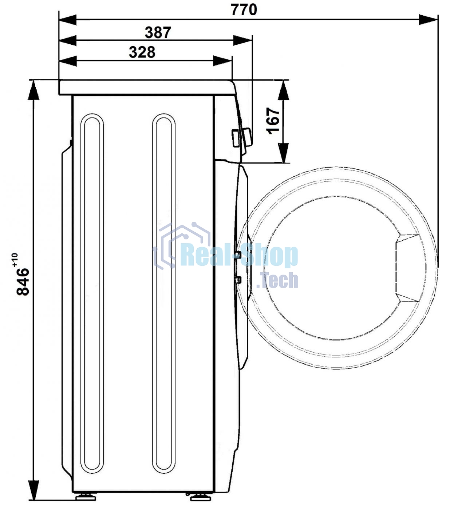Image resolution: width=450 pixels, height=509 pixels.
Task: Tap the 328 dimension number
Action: pyautogui.click(x=142, y=52)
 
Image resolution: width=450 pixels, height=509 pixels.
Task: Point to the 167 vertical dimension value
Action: pyautogui.click(x=273, y=121)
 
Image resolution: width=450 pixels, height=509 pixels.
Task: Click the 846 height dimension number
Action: pyautogui.click(x=23, y=281)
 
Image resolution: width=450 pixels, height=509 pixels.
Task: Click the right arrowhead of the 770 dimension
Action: pyautogui.click(x=429, y=20)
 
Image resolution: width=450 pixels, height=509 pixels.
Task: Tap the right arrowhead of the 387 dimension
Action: pyautogui.click(x=243, y=40)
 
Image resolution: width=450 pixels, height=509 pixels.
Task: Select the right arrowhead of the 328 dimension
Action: pyautogui.click(x=222, y=61)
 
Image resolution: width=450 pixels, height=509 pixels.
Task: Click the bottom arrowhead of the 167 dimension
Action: pyautogui.click(x=284, y=153)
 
